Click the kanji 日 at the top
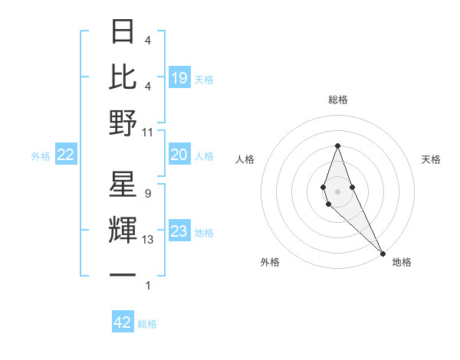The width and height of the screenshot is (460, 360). point(123,32)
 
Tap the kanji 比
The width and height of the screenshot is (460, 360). point(123,77)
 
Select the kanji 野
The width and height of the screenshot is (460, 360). point(123,123)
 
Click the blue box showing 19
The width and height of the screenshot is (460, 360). point(179,77)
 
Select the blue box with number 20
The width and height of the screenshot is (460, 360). point(179,155)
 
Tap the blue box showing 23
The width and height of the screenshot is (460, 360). point(179,231)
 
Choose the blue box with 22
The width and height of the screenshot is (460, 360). point(66,155)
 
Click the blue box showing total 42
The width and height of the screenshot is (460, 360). point(123,322)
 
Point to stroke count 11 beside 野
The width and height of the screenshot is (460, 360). point(148,133)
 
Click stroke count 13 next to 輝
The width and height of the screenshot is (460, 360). point(148,240)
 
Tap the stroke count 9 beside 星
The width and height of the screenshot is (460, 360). point(148,194)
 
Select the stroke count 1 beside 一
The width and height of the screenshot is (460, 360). point(148,286)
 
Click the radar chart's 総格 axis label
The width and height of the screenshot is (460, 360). point(337,100)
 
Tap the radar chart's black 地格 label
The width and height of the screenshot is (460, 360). point(402,262)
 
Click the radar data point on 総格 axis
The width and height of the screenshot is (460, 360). point(337,146)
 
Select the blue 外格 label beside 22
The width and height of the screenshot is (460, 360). point(41,155)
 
